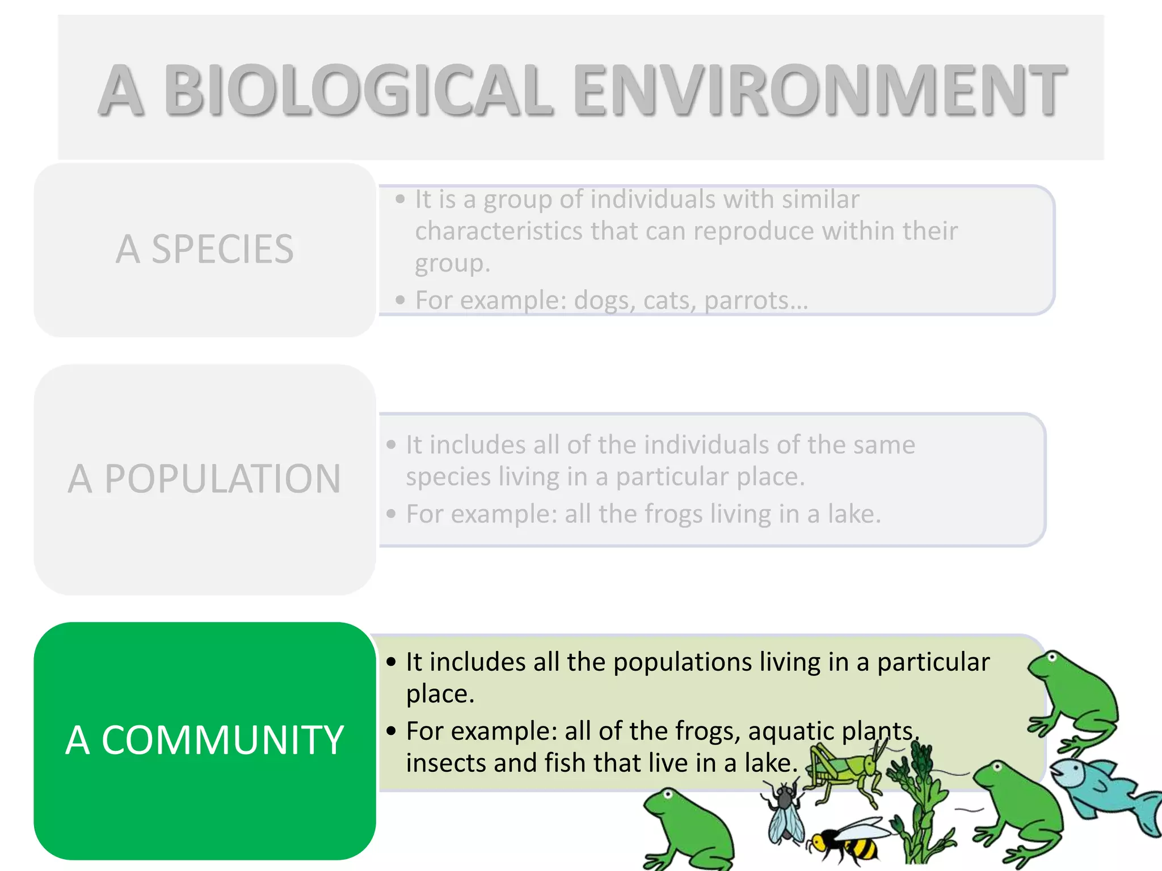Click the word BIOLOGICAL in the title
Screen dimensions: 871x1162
point(358,91)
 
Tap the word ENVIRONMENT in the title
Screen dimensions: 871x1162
point(819,91)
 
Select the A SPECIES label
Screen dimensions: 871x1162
point(205,250)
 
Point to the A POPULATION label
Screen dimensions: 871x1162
point(205,479)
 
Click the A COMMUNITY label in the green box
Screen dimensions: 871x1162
point(205,741)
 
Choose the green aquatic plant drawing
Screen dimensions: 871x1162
point(919,805)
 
